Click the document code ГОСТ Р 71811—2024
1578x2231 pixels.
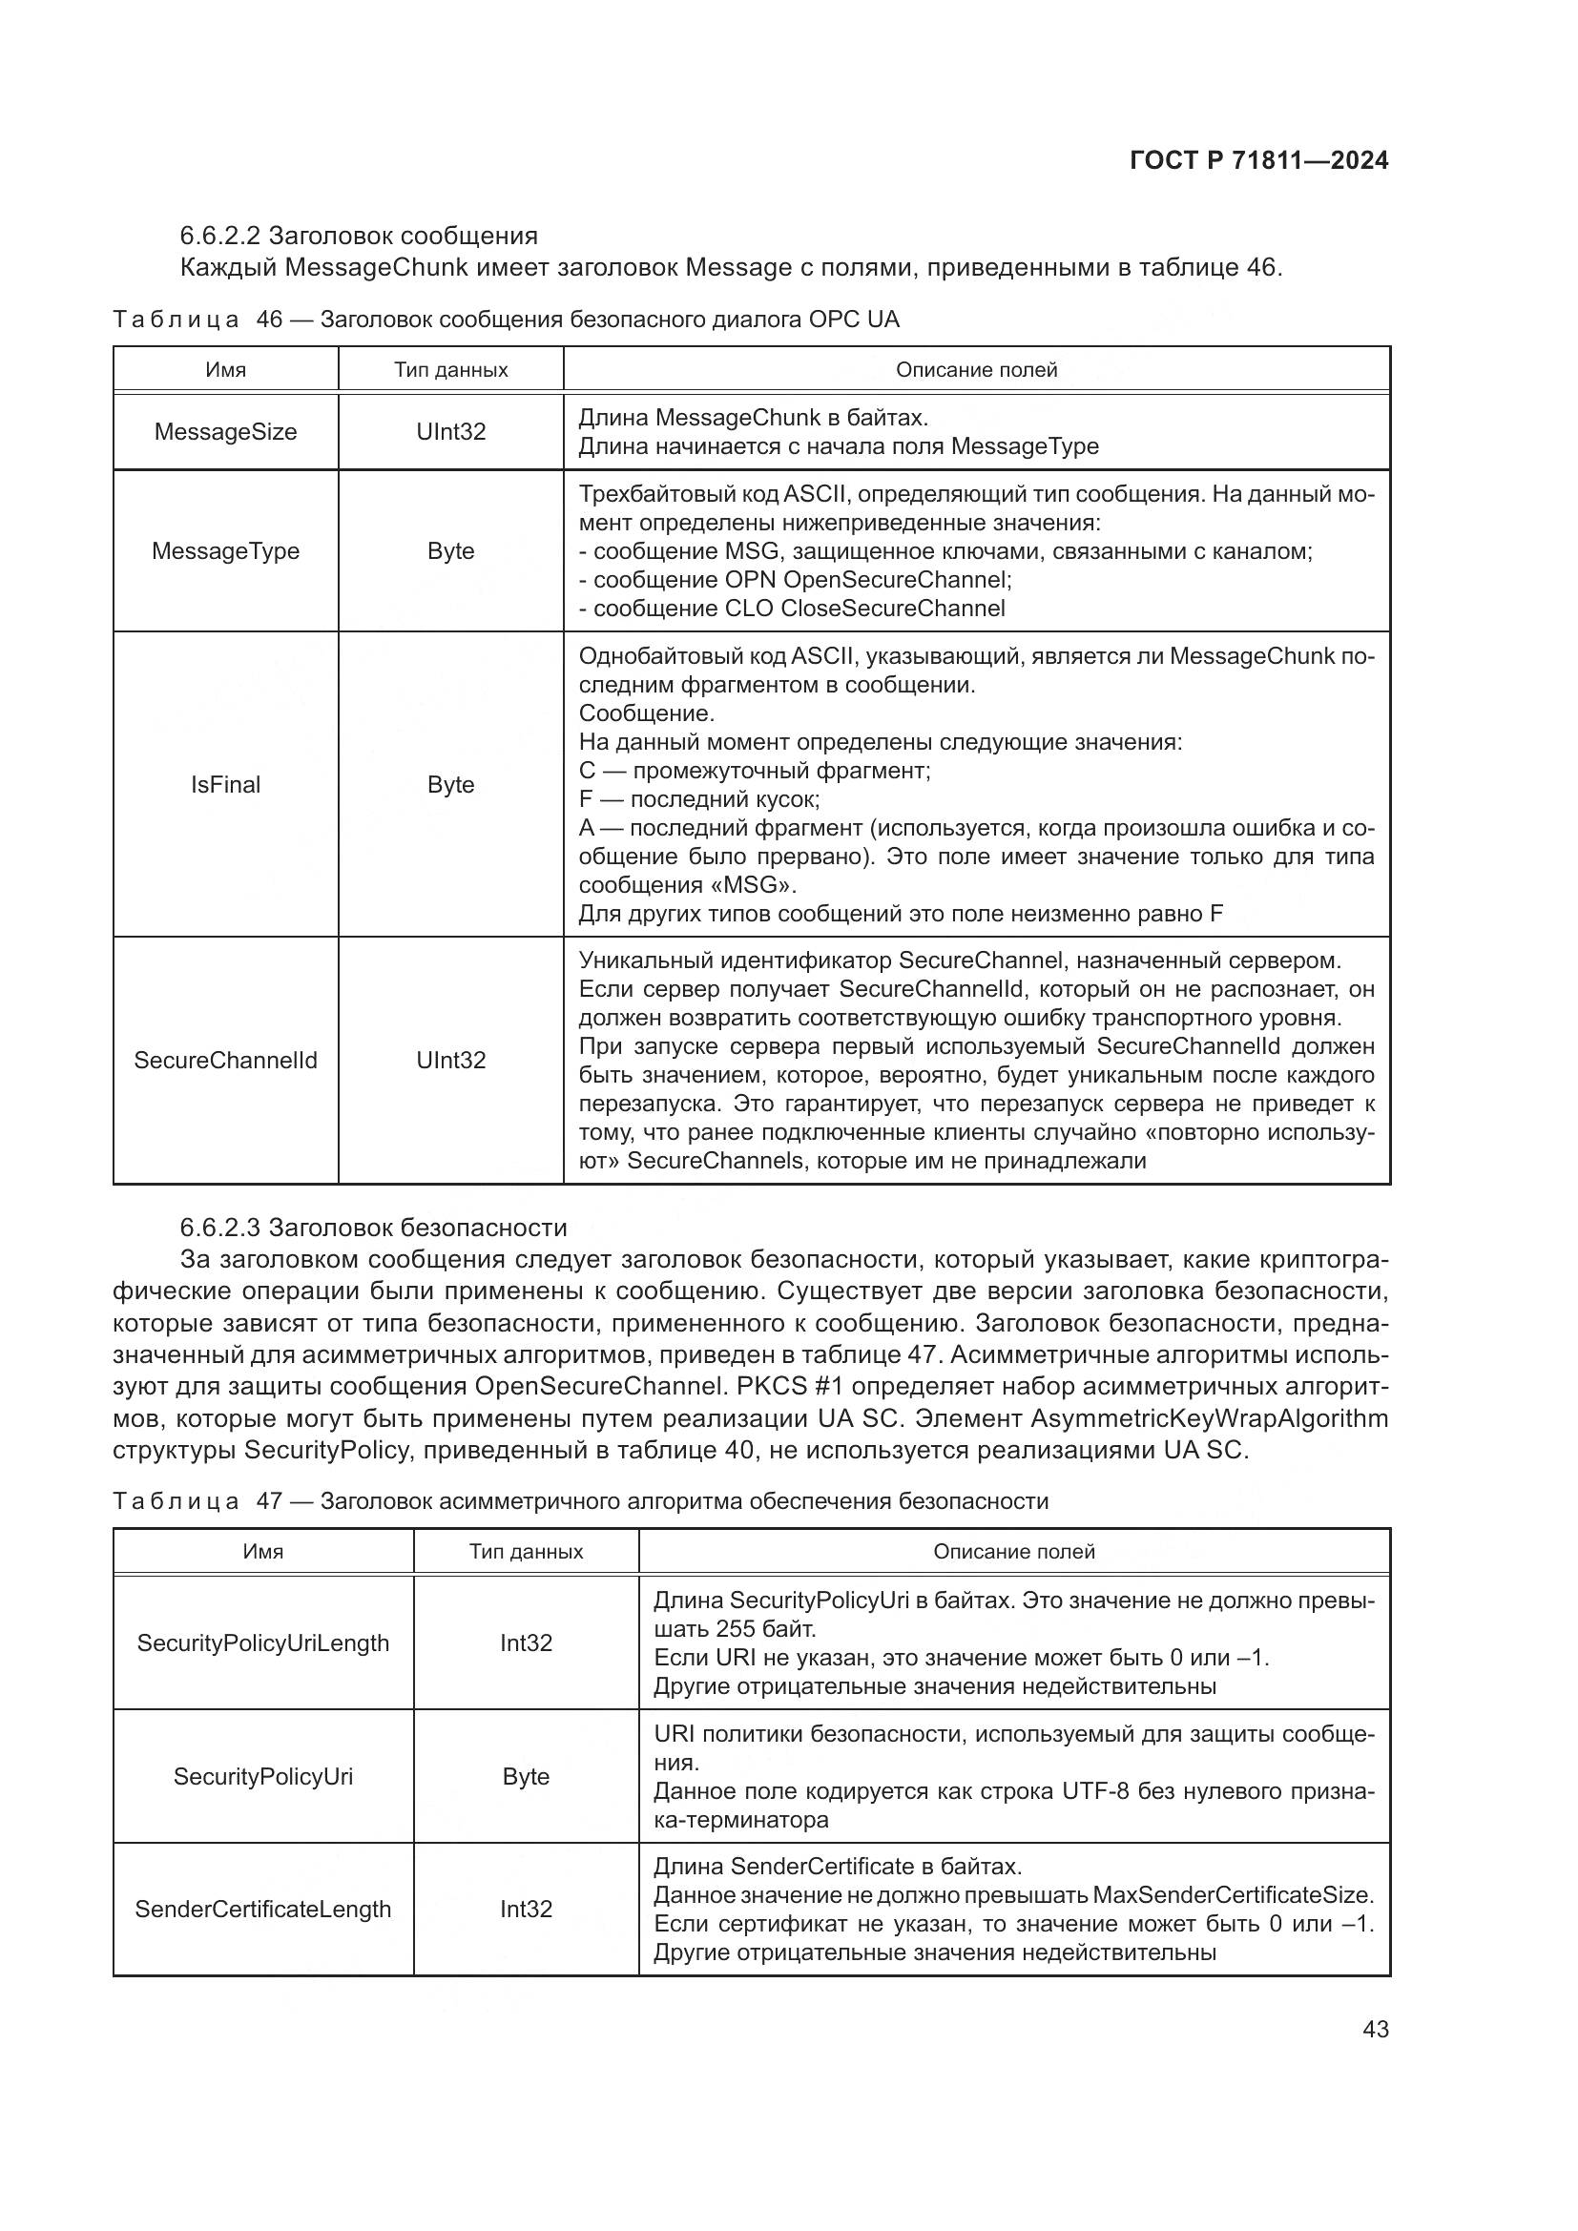pos(1259,161)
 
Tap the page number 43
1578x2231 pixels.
pos(1375,2029)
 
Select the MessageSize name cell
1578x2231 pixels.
pos(225,432)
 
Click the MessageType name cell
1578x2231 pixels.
pos(225,551)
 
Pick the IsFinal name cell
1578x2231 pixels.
pos(225,784)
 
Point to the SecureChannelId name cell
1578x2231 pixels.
pos(225,1060)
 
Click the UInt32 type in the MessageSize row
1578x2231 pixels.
pos(451,432)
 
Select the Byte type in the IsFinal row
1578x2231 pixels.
pos(451,784)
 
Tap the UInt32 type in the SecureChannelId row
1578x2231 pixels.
pos(451,1060)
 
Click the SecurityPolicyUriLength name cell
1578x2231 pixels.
pos(262,1643)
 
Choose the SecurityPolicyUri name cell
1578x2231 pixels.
pos(262,1776)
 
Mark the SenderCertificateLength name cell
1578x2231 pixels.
pos(262,1910)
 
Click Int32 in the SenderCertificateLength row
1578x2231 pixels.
pos(526,1910)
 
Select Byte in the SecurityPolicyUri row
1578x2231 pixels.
pos(526,1776)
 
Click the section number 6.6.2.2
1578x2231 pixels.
pos(219,237)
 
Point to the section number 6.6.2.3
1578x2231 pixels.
pos(219,1228)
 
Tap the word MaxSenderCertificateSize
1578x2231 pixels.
pos(1232,1895)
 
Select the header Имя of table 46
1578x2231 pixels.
pos(225,370)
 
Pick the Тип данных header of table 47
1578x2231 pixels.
pos(526,1552)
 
